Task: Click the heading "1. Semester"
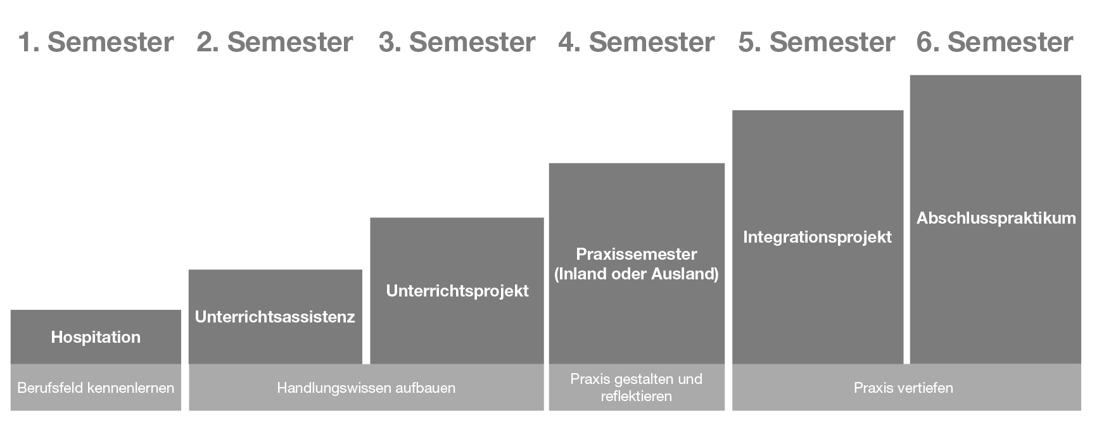[96, 42]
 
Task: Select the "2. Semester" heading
[275, 42]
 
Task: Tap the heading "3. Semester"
[457, 42]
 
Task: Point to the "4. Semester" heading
[637, 42]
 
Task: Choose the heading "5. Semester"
[816, 42]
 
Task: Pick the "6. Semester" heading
[995, 42]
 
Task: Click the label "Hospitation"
[96, 337]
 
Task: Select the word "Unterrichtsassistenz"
[275, 317]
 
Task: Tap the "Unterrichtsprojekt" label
[457, 291]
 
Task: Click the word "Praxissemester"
[637, 254]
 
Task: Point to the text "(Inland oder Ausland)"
[637, 274]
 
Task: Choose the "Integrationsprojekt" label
[817, 237]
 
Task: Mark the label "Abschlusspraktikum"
[996, 218]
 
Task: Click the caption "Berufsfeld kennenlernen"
[96, 388]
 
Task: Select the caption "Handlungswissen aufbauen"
[366, 388]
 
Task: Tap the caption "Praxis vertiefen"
[903, 388]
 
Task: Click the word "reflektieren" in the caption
[637, 396]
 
